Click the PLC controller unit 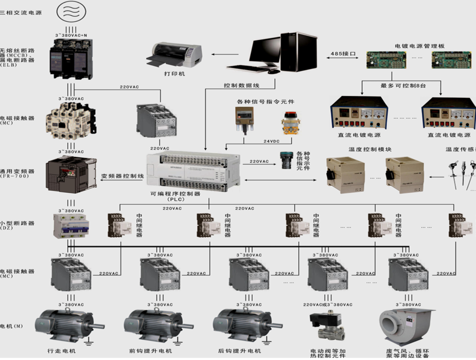click(193, 170)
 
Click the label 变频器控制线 click(122, 176)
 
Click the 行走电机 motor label click(61, 351)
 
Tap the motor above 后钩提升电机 click(240, 324)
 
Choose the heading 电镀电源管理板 click(418, 46)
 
